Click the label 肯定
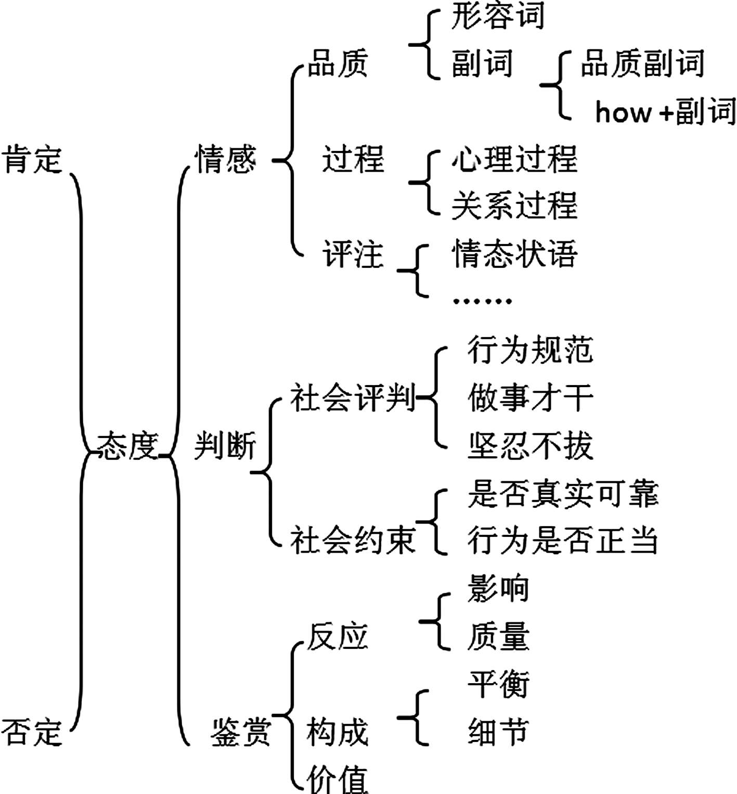pyautogui.click(x=32, y=159)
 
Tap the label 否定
pyautogui.click(x=32, y=732)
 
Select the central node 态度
pyautogui.click(x=127, y=446)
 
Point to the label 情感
pyautogui.click(x=225, y=159)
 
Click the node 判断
pyautogui.click(x=225, y=446)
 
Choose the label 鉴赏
pyautogui.click(x=241, y=732)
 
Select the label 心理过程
pyautogui.click(x=514, y=159)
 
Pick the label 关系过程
pyautogui.click(x=514, y=206)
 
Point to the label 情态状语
pyautogui.click(x=514, y=254)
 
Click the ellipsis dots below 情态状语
pyautogui.click(x=483, y=301)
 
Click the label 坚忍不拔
pyautogui.click(x=531, y=446)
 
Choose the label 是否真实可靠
pyautogui.click(x=563, y=493)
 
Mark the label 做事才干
pyautogui.click(x=531, y=398)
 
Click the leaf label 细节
pyautogui.click(x=498, y=732)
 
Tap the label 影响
pyautogui.click(x=498, y=589)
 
